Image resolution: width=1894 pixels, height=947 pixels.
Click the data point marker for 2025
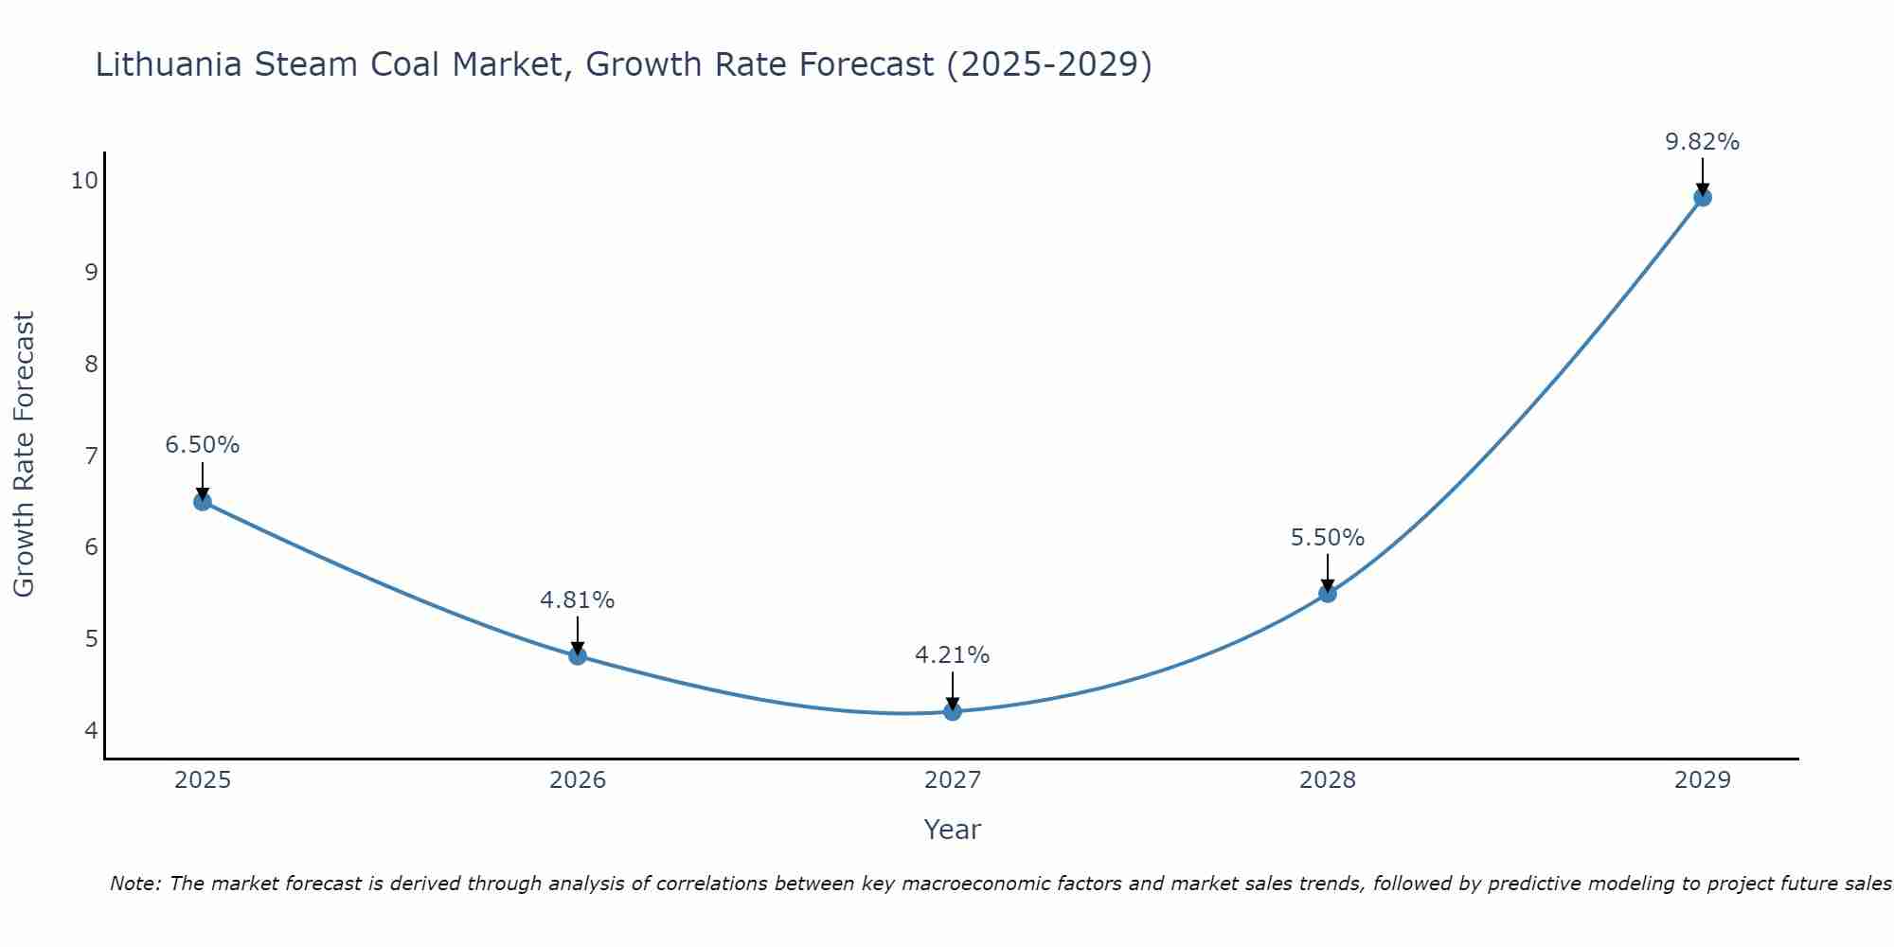point(203,501)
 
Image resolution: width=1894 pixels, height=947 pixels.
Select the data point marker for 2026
point(578,655)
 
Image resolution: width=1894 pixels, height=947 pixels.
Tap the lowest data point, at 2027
point(953,711)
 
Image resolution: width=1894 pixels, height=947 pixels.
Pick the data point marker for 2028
point(1328,593)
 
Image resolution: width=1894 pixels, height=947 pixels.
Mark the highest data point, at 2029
point(1703,197)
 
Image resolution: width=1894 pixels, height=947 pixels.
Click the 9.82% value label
point(1702,142)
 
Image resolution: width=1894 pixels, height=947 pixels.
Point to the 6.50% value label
point(203,445)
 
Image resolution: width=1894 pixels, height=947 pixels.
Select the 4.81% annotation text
point(578,599)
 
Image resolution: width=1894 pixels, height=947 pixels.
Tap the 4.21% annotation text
point(953,655)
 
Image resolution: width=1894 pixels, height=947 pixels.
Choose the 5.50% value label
point(1328,538)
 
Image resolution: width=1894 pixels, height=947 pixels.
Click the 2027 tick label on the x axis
point(953,780)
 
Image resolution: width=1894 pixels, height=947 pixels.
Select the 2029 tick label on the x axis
point(1703,780)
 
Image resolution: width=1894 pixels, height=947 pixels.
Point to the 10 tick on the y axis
point(84,180)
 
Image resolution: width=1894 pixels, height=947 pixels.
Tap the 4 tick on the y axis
point(91,730)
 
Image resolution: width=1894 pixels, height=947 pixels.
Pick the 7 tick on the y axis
point(91,456)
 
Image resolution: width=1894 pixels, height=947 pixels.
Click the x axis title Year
point(953,830)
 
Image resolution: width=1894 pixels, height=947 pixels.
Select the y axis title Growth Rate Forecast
point(25,455)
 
